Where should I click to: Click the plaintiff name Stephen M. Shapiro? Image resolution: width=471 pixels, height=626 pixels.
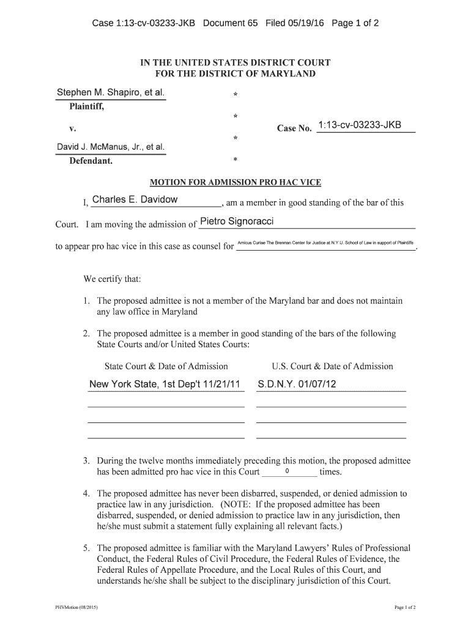[x=110, y=93]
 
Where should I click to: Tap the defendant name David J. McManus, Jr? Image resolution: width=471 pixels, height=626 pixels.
[x=110, y=147]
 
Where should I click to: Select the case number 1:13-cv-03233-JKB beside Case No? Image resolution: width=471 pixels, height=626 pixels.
[x=360, y=125]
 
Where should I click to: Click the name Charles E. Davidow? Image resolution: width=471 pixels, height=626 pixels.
[x=135, y=200]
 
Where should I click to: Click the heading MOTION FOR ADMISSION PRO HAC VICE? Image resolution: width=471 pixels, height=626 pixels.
[x=236, y=182]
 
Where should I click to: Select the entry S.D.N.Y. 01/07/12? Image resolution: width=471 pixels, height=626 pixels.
[x=297, y=385]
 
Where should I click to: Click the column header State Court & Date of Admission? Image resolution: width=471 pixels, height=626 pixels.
[x=166, y=366]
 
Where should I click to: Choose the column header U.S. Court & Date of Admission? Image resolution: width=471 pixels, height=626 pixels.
[x=332, y=366]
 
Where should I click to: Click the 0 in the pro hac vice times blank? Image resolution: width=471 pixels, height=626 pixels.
[x=287, y=471]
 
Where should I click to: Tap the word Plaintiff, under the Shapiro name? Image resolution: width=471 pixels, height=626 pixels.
[x=86, y=107]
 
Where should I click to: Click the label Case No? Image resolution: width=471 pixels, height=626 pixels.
[x=294, y=128]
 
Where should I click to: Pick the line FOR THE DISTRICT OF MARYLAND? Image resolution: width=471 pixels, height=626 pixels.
[x=236, y=74]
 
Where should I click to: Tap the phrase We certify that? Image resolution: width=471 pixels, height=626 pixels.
[x=112, y=279]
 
